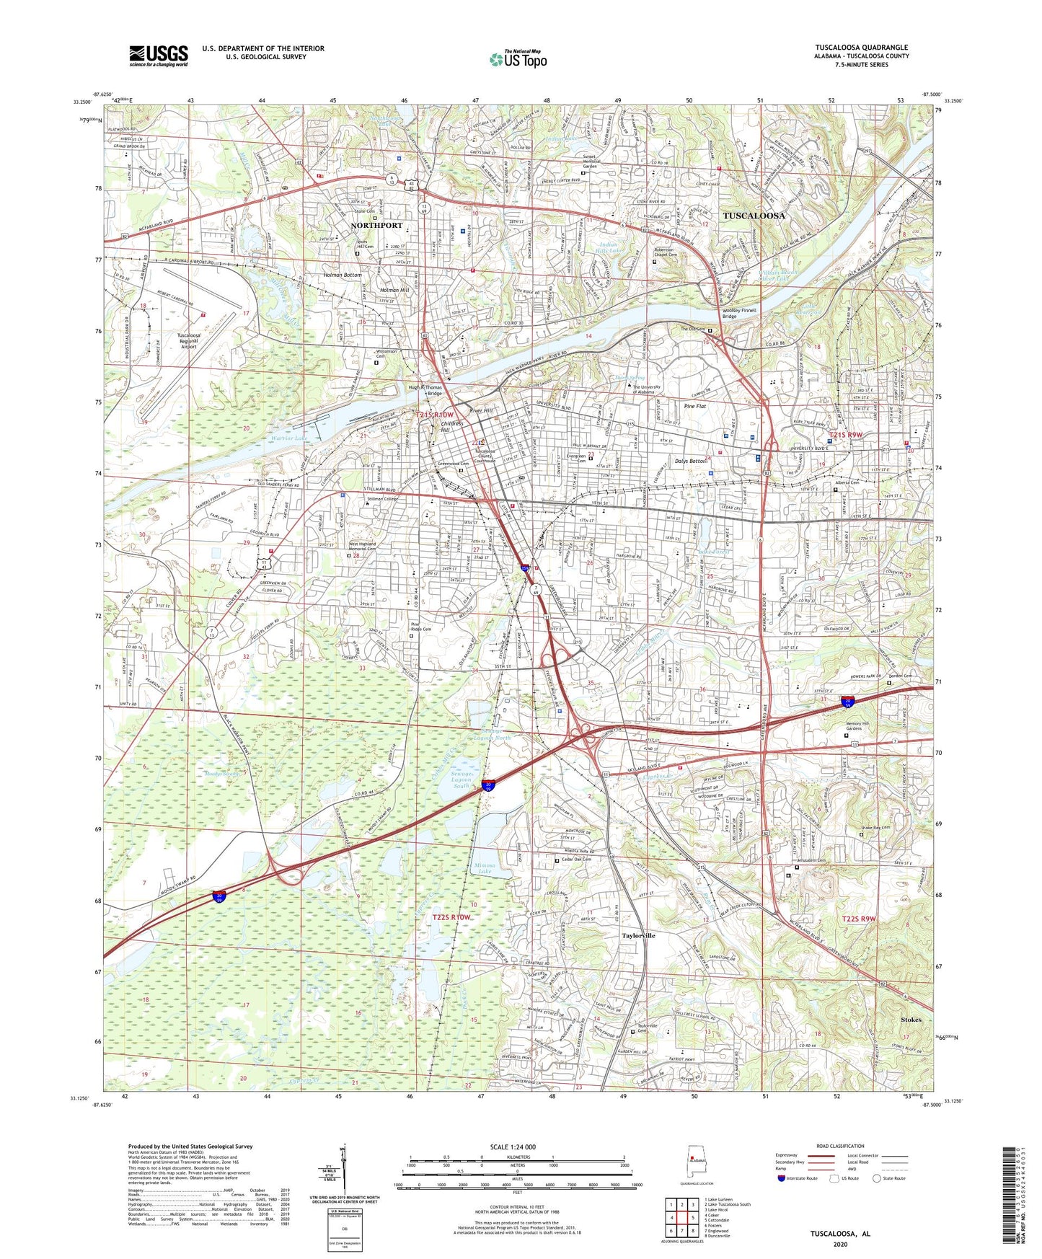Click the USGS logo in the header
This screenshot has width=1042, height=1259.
pos(159,56)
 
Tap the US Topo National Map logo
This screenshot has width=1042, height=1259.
pos(518,59)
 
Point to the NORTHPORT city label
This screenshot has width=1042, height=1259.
pos(376,226)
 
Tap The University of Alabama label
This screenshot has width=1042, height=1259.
pos(646,389)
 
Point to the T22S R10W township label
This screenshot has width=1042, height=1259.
pos(451,917)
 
